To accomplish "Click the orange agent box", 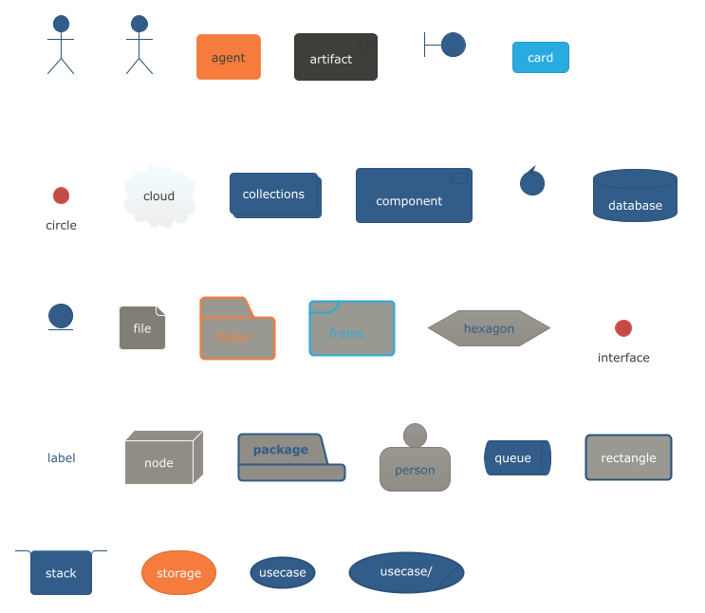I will point(228,57).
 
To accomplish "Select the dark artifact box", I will point(335,57).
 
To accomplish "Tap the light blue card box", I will point(540,57).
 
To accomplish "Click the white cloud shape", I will point(159,196).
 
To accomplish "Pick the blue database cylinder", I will point(635,196).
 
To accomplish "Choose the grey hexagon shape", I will point(489,328).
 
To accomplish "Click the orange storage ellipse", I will point(178,572).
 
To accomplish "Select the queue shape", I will point(516,457).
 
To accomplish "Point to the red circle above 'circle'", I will point(61,195).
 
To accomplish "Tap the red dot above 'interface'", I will point(623,328).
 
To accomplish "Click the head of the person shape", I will point(415,436).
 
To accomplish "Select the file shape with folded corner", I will point(141,327).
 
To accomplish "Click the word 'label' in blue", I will point(62,457).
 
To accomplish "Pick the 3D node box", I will point(159,460).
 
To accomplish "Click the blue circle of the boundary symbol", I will point(454,45).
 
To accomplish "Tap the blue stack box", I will point(61,572).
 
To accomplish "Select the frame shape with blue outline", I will point(351,328).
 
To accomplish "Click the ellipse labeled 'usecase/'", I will point(406,572).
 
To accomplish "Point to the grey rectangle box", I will point(628,457).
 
